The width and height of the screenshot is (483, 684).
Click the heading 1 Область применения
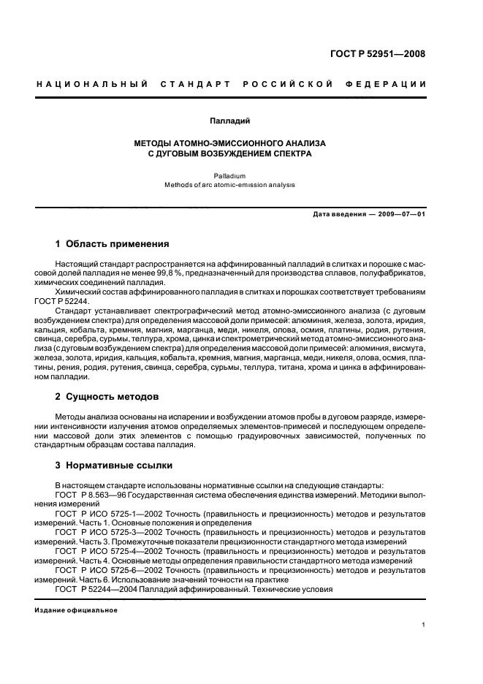point(113,244)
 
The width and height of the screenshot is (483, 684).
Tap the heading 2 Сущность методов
point(107,397)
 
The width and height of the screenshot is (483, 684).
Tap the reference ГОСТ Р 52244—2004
point(94,589)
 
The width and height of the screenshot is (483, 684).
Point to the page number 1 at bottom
point(423,626)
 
